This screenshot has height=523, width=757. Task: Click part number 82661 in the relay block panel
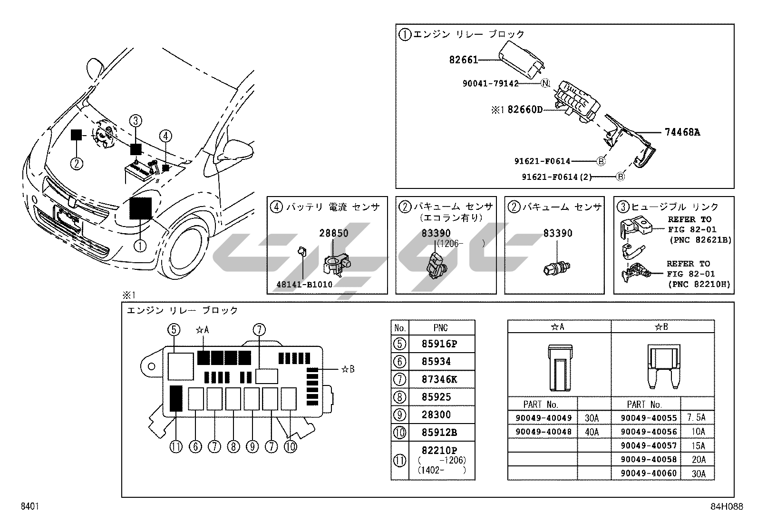click(x=463, y=60)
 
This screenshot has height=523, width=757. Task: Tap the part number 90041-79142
click(x=490, y=83)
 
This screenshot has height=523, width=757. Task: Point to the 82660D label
click(x=525, y=110)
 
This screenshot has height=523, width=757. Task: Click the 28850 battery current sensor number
click(x=333, y=233)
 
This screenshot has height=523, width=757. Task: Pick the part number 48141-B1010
click(x=304, y=285)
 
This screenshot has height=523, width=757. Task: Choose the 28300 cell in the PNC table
click(x=436, y=414)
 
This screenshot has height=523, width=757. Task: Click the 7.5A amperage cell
click(x=697, y=418)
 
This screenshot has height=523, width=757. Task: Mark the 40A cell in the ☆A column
click(x=591, y=432)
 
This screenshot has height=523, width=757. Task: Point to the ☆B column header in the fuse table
click(x=662, y=327)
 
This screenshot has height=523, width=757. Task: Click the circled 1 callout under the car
click(x=140, y=246)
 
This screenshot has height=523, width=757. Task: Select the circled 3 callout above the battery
click(x=136, y=120)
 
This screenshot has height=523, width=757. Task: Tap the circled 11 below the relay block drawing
click(x=176, y=447)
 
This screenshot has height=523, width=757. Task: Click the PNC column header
click(x=441, y=327)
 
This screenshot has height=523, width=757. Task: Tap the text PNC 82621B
click(x=700, y=240)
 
